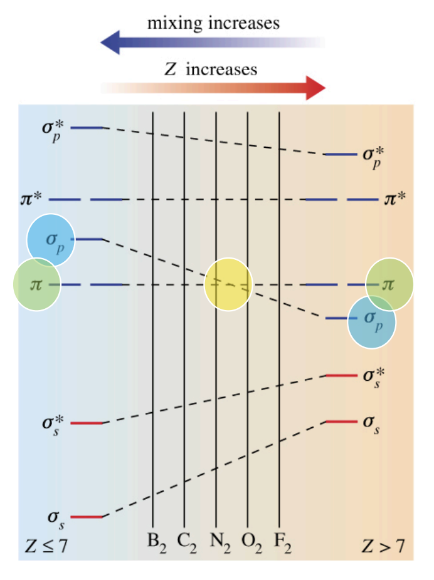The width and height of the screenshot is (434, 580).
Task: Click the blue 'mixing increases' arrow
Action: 188,43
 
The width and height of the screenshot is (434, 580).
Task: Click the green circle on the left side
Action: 37,285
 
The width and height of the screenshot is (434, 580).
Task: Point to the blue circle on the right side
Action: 372,321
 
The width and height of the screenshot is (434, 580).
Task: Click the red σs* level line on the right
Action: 341,375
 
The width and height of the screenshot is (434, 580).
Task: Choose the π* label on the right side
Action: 395,200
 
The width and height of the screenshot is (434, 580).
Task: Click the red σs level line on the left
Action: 87,517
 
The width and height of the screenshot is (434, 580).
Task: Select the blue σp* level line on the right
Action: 341,154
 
